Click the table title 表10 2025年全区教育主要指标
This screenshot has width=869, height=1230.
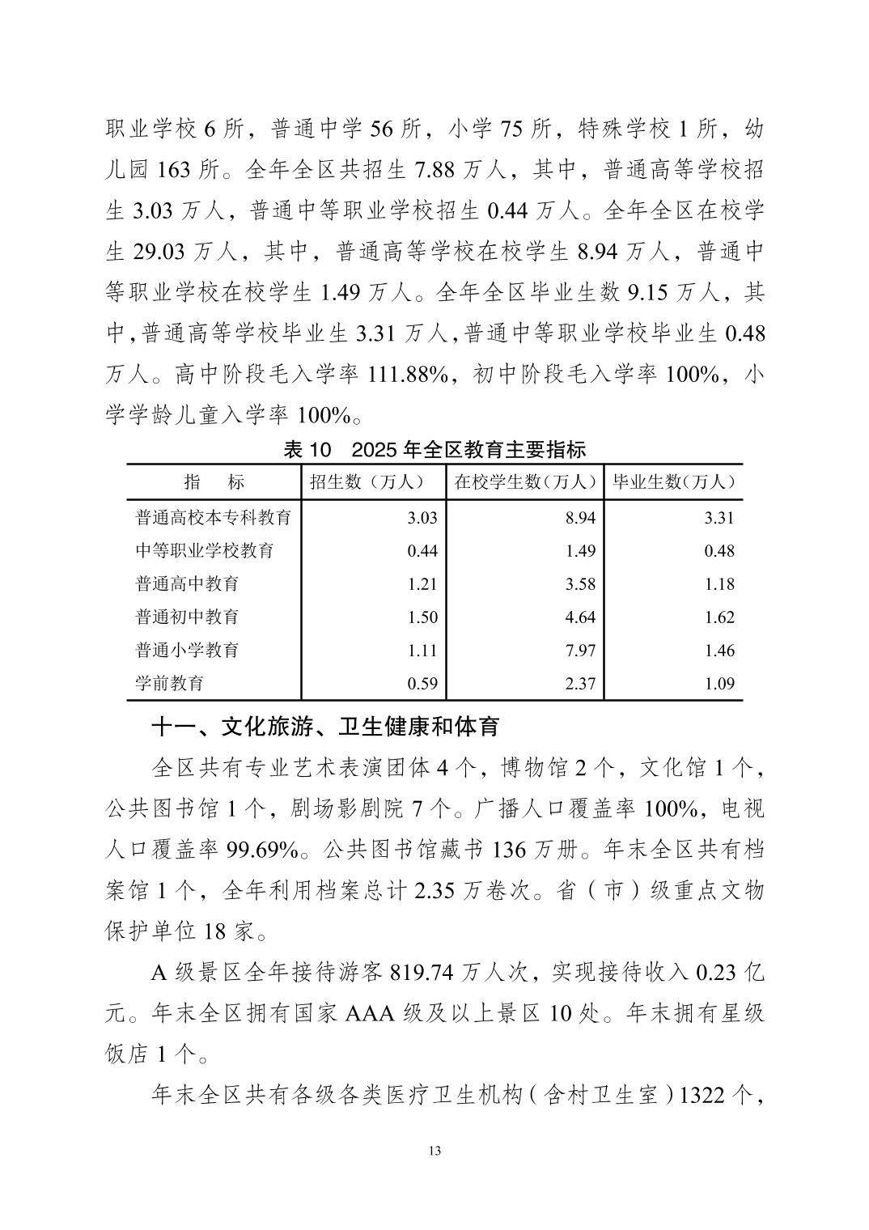point(434,450)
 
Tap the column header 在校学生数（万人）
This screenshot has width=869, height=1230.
point(524,481)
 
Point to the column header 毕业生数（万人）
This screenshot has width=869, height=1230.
point(673,481)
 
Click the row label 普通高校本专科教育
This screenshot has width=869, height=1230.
point(213,517)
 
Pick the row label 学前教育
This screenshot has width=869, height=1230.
point(169,683)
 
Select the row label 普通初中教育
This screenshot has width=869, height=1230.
point(187,617)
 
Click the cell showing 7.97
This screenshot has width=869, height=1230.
point(580,650)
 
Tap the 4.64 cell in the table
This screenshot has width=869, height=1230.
point(580,617)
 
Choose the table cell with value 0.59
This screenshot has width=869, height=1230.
point(422,683)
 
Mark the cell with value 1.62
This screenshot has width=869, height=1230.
point(719,617)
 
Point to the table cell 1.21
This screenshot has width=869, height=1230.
point(422,583)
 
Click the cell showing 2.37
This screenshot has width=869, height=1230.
point(580,683)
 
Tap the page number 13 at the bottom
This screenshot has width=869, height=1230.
point(435,1151)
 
